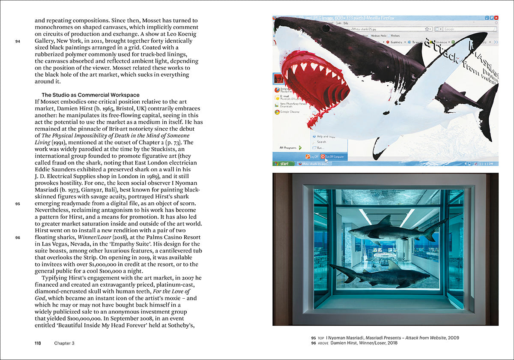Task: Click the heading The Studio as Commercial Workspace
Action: [x=90, y=95]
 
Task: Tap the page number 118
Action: [x=38, y=343]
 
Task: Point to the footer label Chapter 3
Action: [x=64, y=343]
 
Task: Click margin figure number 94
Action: [x=18, y=42]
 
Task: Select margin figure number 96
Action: [x=18, y=237]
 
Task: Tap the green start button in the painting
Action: [x=282, y=163]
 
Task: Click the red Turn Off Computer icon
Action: [x=323, y=157]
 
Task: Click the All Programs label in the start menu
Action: [x=288, y=147]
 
